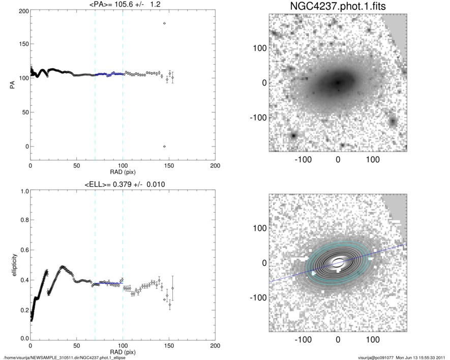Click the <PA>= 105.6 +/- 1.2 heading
(123, 5)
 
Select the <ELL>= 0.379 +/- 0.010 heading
(123, 185)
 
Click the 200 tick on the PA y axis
(24, 11)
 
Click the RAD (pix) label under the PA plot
(123, 172)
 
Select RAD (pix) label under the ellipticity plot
(123, 352)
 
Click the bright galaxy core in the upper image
(337, 82)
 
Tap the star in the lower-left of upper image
(293, 136)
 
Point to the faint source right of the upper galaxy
(393, 122)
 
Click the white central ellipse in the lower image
(337, 262)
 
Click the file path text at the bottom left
(65, 357)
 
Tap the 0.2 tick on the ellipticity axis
(23, 309)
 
